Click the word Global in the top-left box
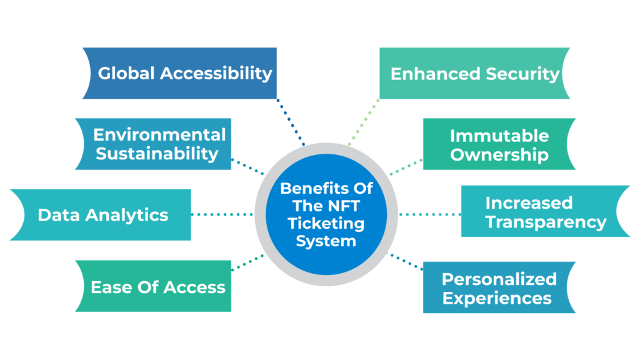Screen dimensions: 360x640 click(126, 73)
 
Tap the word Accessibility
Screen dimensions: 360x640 click(216, 73)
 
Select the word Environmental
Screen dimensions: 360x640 click(159, 134)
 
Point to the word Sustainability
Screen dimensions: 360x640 click(157, 153)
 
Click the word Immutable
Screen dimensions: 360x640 click(499, 136)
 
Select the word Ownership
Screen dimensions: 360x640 click(499, 154)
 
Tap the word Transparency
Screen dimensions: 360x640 click(546, 222)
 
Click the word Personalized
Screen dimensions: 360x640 click(499, 279)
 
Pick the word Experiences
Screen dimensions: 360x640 click(497, 297)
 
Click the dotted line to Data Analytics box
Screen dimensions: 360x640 click(222, 214)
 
